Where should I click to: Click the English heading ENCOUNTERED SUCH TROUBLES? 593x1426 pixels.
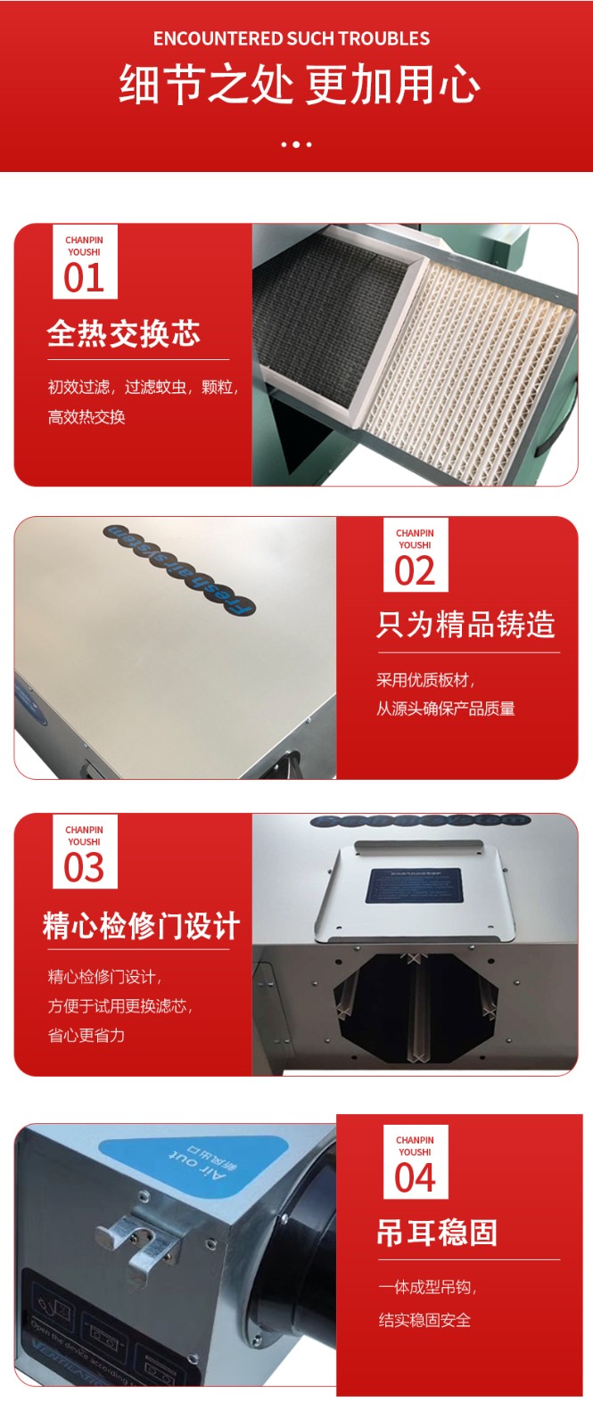(x=291, y=38)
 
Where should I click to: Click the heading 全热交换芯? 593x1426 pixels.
(x=123, y=333)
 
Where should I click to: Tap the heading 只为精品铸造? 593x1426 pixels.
(x=465, y=625)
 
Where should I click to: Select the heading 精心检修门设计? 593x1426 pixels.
(x=141, y=926)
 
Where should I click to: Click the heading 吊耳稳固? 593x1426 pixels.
(x=437, y=1233)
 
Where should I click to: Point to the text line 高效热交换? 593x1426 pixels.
(x=86, y=417)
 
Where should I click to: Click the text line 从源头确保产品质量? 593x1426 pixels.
(x=445, y=709)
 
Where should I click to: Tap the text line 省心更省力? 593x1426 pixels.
(x=86, y=1036)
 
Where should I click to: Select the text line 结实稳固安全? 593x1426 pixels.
(x=424, y=1320)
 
